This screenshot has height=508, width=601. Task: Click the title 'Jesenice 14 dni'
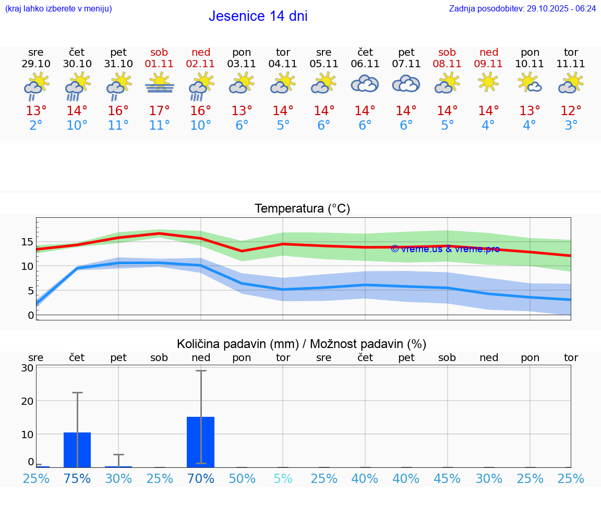point(258,16)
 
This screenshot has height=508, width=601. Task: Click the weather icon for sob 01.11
point(160,83)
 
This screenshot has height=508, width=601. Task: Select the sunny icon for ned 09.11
point(488,83)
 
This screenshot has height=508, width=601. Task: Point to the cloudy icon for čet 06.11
point(365,83)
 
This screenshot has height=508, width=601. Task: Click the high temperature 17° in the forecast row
point(160,111)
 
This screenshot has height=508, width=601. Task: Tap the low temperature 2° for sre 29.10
point(36,126)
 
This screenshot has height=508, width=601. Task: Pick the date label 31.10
point(118,64)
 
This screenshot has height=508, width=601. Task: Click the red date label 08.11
point(447,64)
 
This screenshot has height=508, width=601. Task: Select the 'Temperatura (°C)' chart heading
point(302,208)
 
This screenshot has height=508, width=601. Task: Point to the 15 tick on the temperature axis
point(27,242)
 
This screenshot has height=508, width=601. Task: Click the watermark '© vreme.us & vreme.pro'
point(445,249)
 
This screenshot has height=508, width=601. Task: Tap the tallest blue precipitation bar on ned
point(201,442)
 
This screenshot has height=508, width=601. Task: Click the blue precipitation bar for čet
point(77,450)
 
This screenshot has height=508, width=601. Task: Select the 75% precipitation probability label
point(77,478)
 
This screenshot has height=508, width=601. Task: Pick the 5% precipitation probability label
point(283,478)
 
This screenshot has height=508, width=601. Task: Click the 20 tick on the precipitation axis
point(27,401)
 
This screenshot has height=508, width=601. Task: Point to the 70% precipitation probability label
point(201,478)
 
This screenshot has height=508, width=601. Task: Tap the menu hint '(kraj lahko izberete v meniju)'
point(58,8)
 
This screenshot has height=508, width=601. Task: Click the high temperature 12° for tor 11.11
point(571,111)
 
